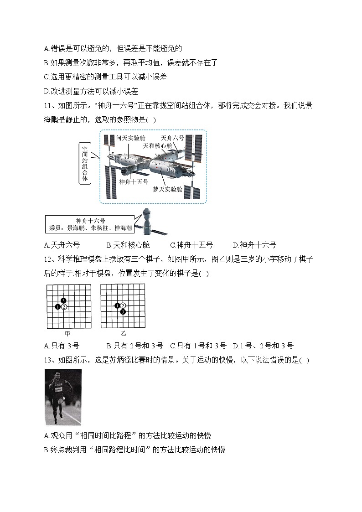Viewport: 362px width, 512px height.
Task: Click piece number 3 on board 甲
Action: (63, 300)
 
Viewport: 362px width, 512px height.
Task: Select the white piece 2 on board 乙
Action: (123, 305)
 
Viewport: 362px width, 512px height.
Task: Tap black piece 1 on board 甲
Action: (58, 307)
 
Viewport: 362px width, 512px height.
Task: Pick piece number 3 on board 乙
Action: (123, 311)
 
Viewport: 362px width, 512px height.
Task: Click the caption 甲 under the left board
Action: (68, 333)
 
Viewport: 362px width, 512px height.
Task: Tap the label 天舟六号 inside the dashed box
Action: (172, 137)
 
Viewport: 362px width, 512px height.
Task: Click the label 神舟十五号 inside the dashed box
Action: (134, 181)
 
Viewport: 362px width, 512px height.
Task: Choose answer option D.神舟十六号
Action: (254, 245)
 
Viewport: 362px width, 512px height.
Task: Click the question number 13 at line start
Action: (48, 360)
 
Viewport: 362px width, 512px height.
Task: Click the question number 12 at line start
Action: (48, 259)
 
